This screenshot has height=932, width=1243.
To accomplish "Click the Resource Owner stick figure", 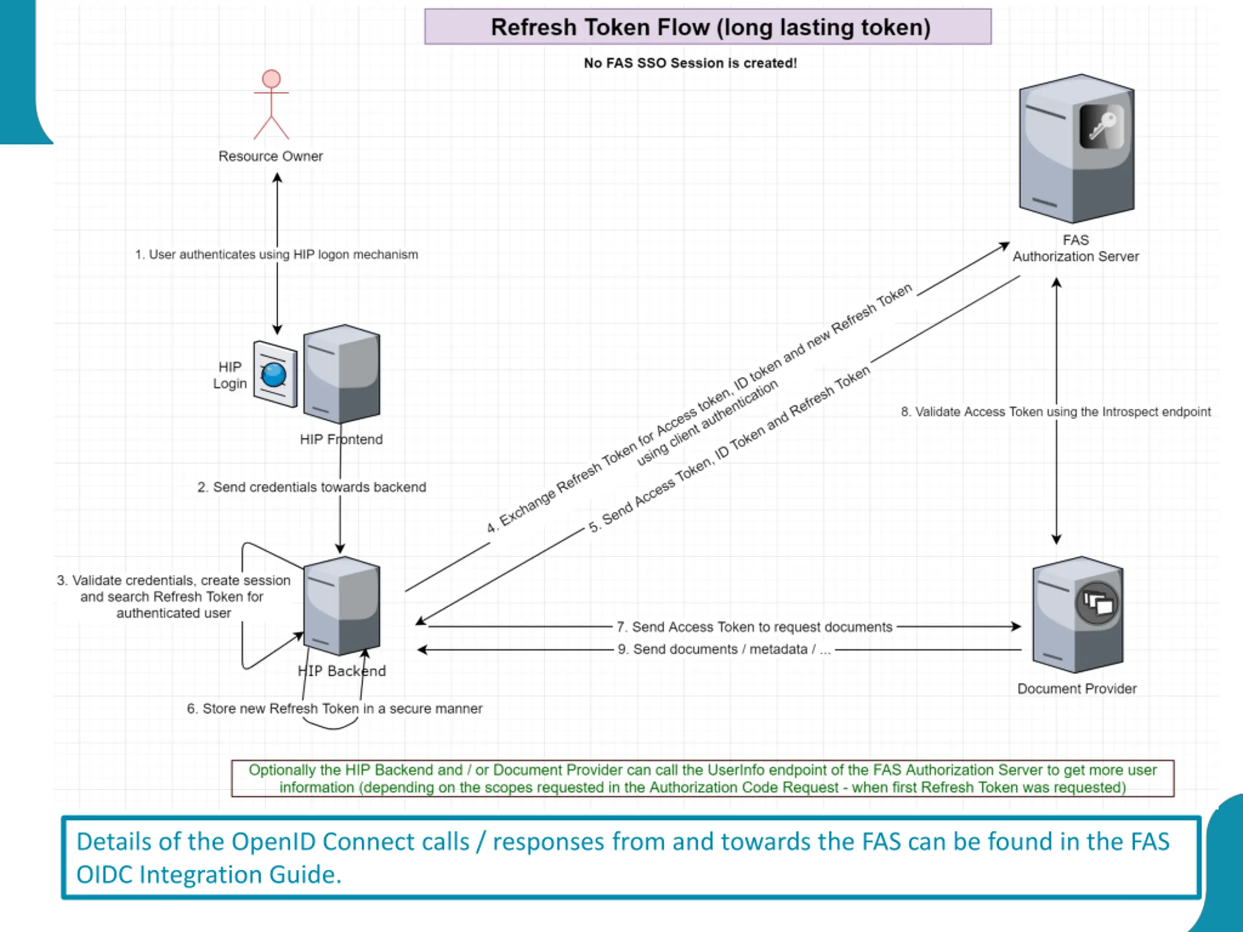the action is tap(271, 104).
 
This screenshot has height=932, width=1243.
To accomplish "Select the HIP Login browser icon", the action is tap(275, 374).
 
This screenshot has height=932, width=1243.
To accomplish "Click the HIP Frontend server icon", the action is tap(342, 374).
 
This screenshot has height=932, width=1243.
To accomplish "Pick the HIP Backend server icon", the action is tap(342, 606).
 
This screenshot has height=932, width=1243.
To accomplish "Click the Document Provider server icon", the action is tap(1078, 615).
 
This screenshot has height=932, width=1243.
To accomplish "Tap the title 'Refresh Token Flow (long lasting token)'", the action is tap(711, 27).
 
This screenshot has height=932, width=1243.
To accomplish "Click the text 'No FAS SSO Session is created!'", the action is tap(690, 63).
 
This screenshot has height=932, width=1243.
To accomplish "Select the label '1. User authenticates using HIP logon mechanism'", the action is tap(276, 254).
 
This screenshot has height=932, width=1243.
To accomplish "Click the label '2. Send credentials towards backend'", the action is tap(312, 487).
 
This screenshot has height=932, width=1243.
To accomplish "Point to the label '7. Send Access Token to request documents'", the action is tap(754, 627).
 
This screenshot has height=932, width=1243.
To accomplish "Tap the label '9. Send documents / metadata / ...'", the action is tap(724, 649).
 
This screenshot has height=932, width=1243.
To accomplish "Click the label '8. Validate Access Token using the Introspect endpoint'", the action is tap(1056, 412).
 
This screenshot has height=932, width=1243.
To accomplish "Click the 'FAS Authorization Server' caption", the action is tap(1075, 249).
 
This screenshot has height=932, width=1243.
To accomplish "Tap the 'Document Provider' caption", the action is tap(1076, 689).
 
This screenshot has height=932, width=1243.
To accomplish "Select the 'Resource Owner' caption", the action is tap(271, 156).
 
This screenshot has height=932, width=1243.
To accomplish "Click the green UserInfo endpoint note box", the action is tap(703, 779).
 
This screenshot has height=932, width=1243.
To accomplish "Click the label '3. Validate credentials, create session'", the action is tap(174, 581).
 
